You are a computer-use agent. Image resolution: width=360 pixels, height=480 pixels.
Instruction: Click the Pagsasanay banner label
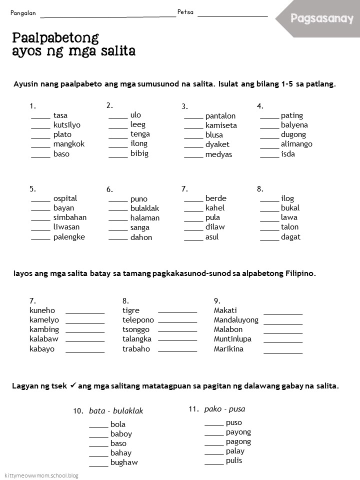(322, 19)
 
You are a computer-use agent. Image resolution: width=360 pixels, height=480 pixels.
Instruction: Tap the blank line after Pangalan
(107, 15)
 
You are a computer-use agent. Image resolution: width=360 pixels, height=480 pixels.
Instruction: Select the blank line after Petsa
(232, 15)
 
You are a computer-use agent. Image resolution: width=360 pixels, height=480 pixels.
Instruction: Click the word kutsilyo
(67, 125)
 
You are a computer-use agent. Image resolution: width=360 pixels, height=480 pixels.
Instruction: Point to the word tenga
(140, 134)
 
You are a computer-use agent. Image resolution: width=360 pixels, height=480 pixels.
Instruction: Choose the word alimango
(296, 144)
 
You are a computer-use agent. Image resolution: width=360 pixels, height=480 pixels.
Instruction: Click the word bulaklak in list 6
(144, 208)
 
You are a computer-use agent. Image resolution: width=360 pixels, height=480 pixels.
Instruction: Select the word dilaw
(215, 227)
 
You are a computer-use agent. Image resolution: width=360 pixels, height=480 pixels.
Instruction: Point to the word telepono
(138, 320)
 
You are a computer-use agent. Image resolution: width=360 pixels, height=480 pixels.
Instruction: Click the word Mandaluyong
(236, 320)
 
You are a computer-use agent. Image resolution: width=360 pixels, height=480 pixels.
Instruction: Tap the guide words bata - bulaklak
(116, 411)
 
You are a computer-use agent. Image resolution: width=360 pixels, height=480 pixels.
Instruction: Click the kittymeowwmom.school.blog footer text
(41, 475)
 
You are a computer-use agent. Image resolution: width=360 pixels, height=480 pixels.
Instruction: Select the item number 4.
(260, 106)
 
